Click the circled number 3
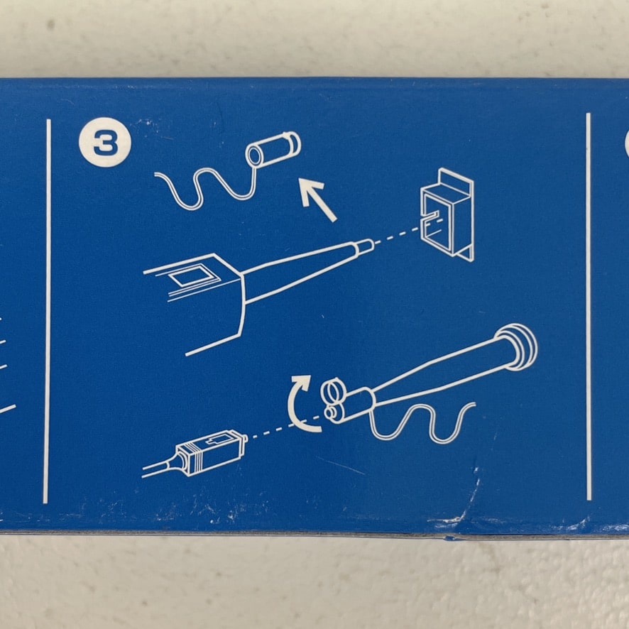(105, 143)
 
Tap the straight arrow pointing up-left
(318, 199)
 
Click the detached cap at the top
(273, 149)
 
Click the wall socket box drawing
(447, 214)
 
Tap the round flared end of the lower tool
(516, 346)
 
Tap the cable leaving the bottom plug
(158, 469)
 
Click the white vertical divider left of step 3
(47, 311)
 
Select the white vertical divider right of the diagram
(589, 307)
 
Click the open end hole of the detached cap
(254, 155)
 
